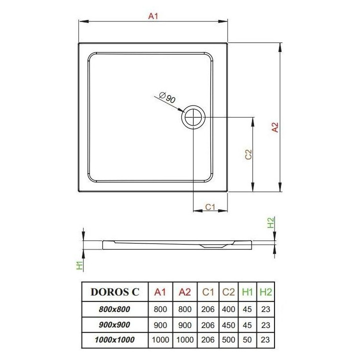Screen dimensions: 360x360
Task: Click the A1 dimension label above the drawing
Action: pos(153,16)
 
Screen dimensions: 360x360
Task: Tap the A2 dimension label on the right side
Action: pos(274,128)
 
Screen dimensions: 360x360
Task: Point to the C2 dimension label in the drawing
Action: pos(247,155)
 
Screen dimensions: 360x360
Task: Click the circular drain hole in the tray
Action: pos(193,117)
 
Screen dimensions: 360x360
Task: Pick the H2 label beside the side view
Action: pos(271,223)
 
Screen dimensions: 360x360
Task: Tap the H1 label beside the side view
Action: pos(79,265)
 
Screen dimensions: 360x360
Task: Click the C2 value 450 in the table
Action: pos(228,324)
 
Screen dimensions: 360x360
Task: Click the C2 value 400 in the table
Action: pos(228,309)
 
